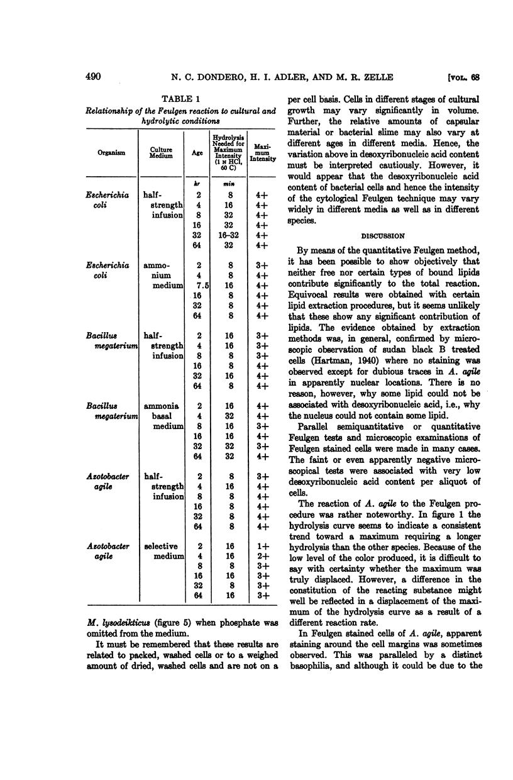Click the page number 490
tap(93, 77)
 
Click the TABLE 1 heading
tap(182, 99)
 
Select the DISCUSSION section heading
tap(382, 237)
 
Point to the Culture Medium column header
tap(162, 152)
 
